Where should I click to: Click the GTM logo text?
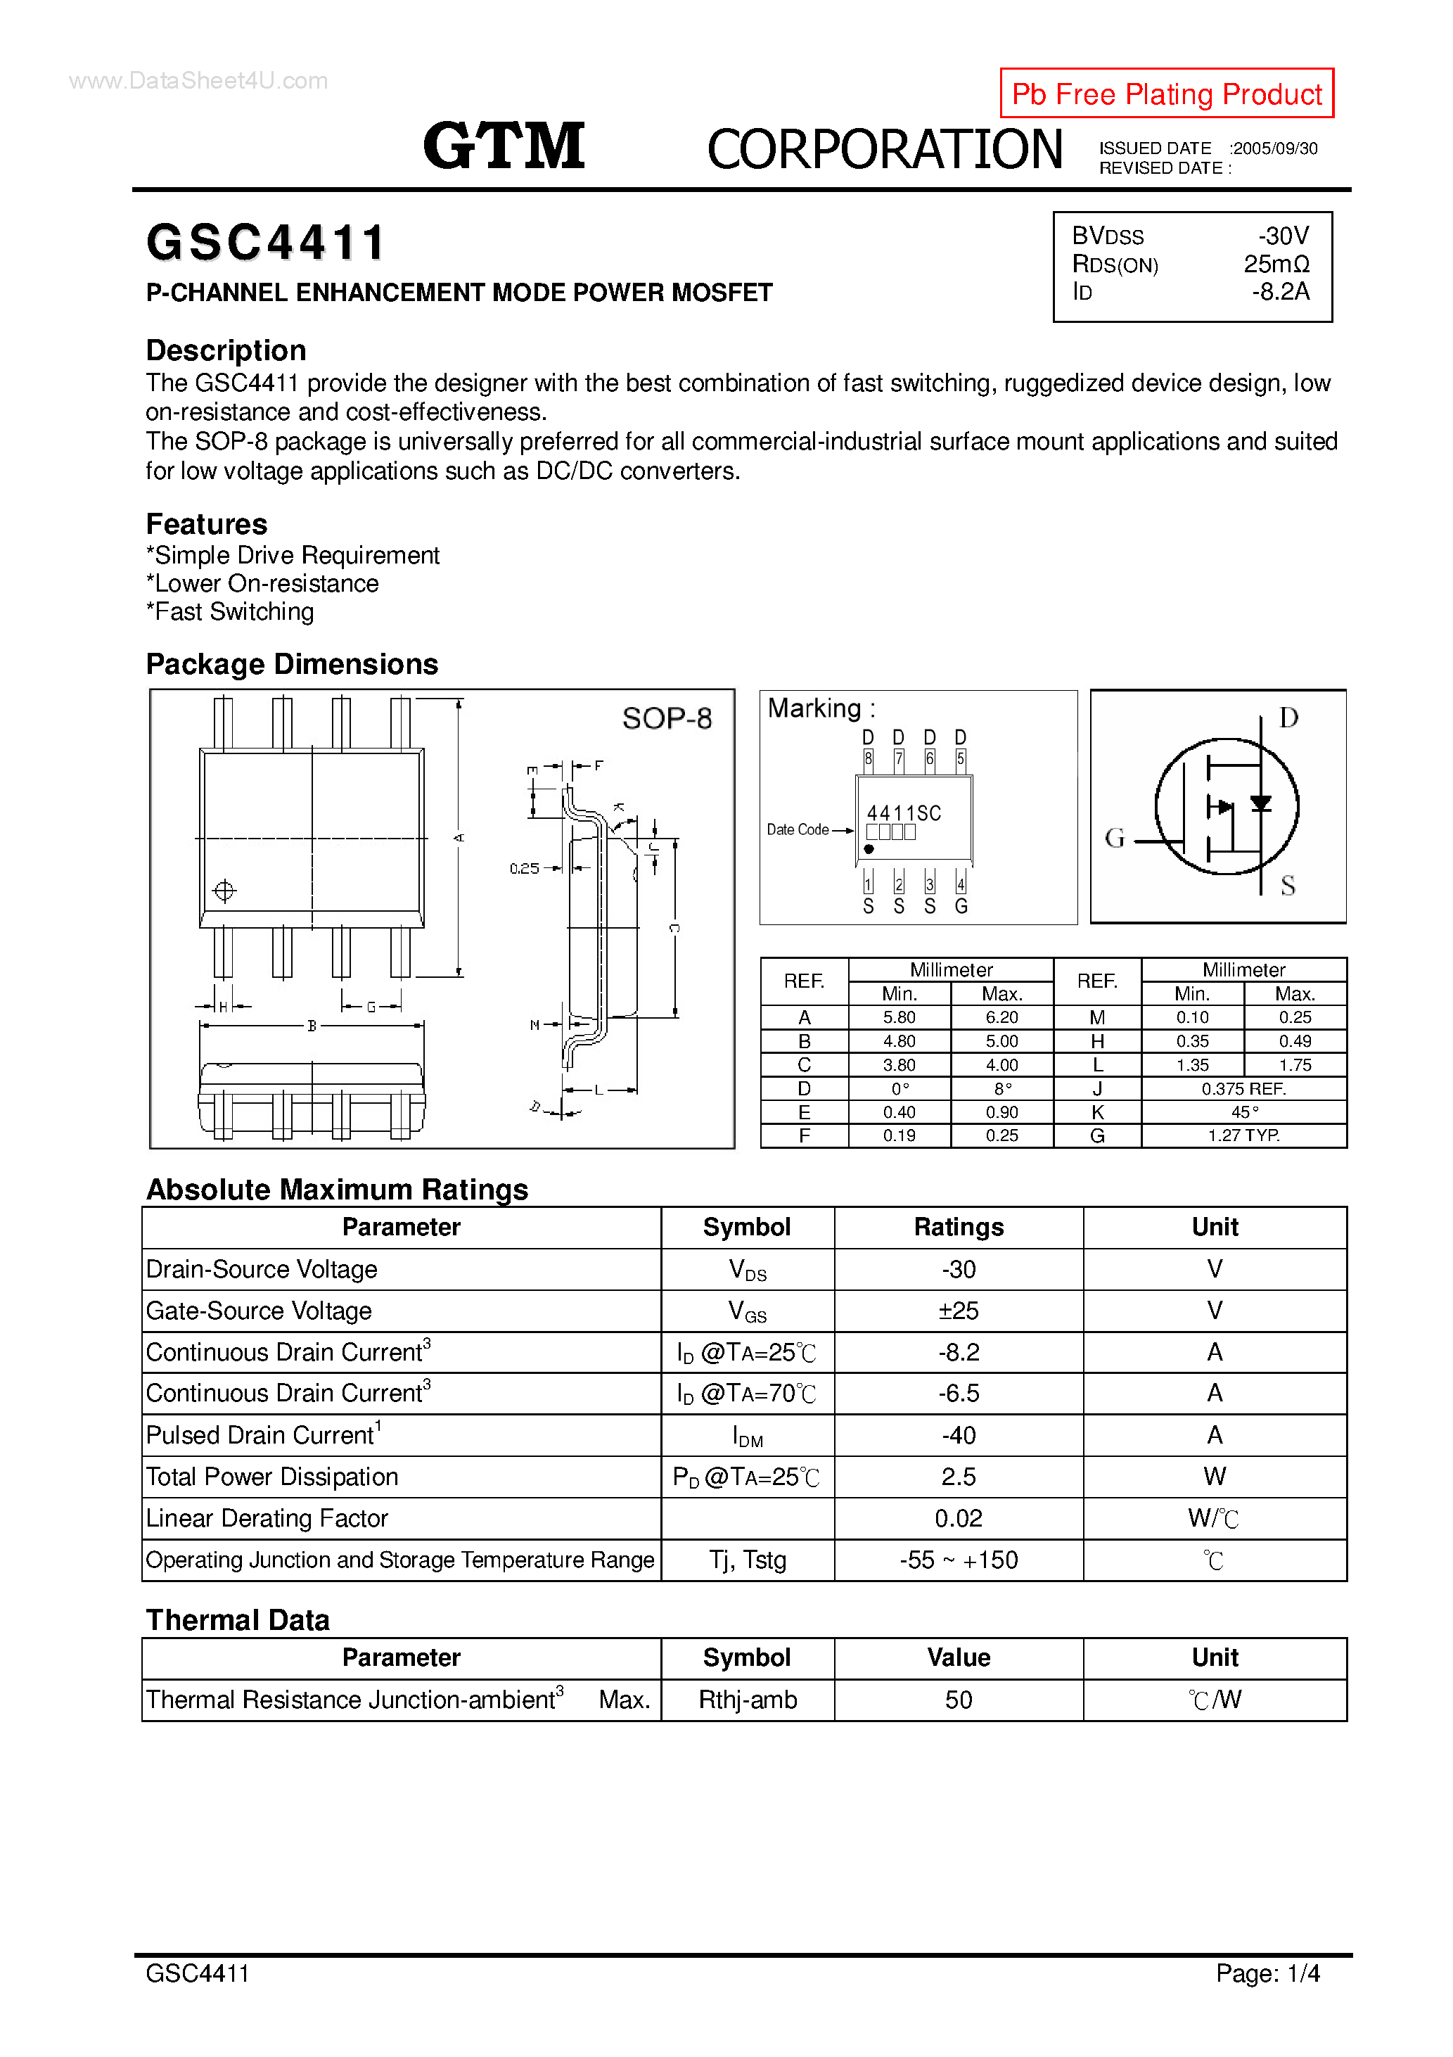(504, 146)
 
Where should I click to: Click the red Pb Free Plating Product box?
(1165, 93)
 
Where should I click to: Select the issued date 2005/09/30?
(1275, 148)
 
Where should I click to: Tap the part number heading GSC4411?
(265, 243)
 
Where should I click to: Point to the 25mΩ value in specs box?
(1276, 265)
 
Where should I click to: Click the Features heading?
(206, 524)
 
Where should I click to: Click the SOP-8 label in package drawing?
(667, 718)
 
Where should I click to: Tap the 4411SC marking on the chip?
(903, 813)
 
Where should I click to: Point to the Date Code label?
(798, 829)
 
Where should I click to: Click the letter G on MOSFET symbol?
(1115, 838)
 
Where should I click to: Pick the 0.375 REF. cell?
(1243, 1088)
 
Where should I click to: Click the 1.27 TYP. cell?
(1243, 1136)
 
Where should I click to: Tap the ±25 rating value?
(958, 1311)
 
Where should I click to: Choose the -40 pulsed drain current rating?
(958, 1435)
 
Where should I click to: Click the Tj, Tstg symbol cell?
(747, 1560)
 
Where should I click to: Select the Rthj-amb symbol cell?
(747, 1700)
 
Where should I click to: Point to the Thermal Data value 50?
(958, 1700)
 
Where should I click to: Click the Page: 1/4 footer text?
(1267, 1973)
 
